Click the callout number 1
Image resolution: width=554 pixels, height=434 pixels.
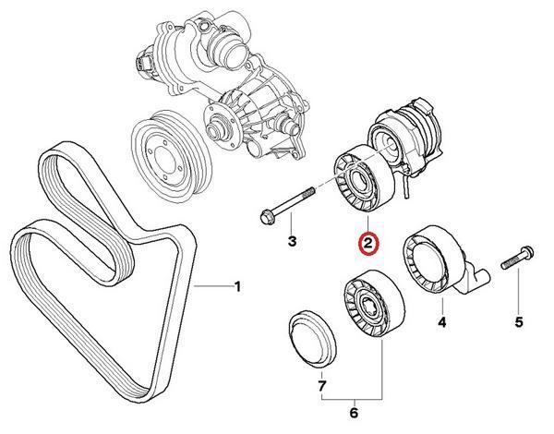pyautogui.click(x=238, y=286)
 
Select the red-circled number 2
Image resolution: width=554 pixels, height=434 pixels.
pyautogui.click(x=368, y=243)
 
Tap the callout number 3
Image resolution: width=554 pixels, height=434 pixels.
pyautogui.click(x=292, y=242)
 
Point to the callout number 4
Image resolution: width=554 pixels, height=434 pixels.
pyautogui.click(x=442, y=322)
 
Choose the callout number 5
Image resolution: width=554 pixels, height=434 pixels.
pyautogui.click(x=518, y=322)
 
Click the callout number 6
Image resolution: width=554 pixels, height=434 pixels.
pyautogui.click(x=354, y=413)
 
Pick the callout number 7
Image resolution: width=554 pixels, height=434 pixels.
pyautogui.click(x=322, y=386)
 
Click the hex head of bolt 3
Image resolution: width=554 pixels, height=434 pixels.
pyautogui.click(x=267, y=216)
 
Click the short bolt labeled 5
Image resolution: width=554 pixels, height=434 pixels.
pyautogui.click(x=518, y=258)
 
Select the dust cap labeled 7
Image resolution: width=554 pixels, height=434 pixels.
pyautogui.click(x=312, y=339)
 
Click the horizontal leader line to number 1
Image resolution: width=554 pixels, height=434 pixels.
pyautogui.click(x=213, y=285)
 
